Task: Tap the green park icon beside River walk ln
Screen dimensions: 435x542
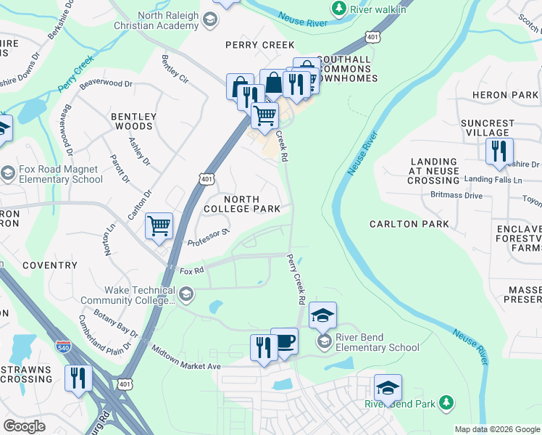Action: [338, 9]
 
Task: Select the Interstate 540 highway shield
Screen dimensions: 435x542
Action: [64, 348]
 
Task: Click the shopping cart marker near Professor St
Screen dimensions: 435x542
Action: [159, 225]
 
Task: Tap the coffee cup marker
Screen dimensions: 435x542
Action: [284, 341]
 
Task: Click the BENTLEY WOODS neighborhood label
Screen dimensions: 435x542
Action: [133, 121]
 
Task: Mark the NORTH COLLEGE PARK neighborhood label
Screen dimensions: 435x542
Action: [251, 204]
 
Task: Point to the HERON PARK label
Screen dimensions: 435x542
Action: [505, 95]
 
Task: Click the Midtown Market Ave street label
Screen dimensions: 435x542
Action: [185, 358]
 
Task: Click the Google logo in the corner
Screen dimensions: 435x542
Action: [24, 426]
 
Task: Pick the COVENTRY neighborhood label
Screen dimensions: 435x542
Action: [49, 266]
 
